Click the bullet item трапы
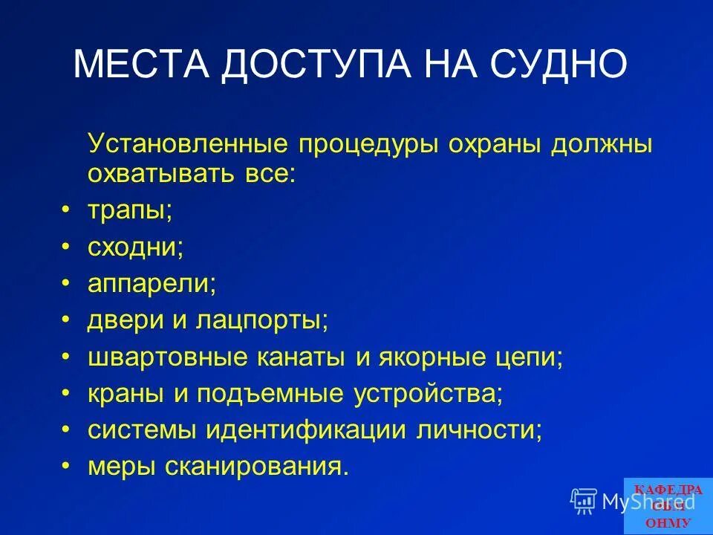pos(129,210)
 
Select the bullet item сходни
pos(135,247)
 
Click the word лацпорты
pos(262,320)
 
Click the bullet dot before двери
pos(68,319)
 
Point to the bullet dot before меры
pos(68,466)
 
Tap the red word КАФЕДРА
pos(668,489)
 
